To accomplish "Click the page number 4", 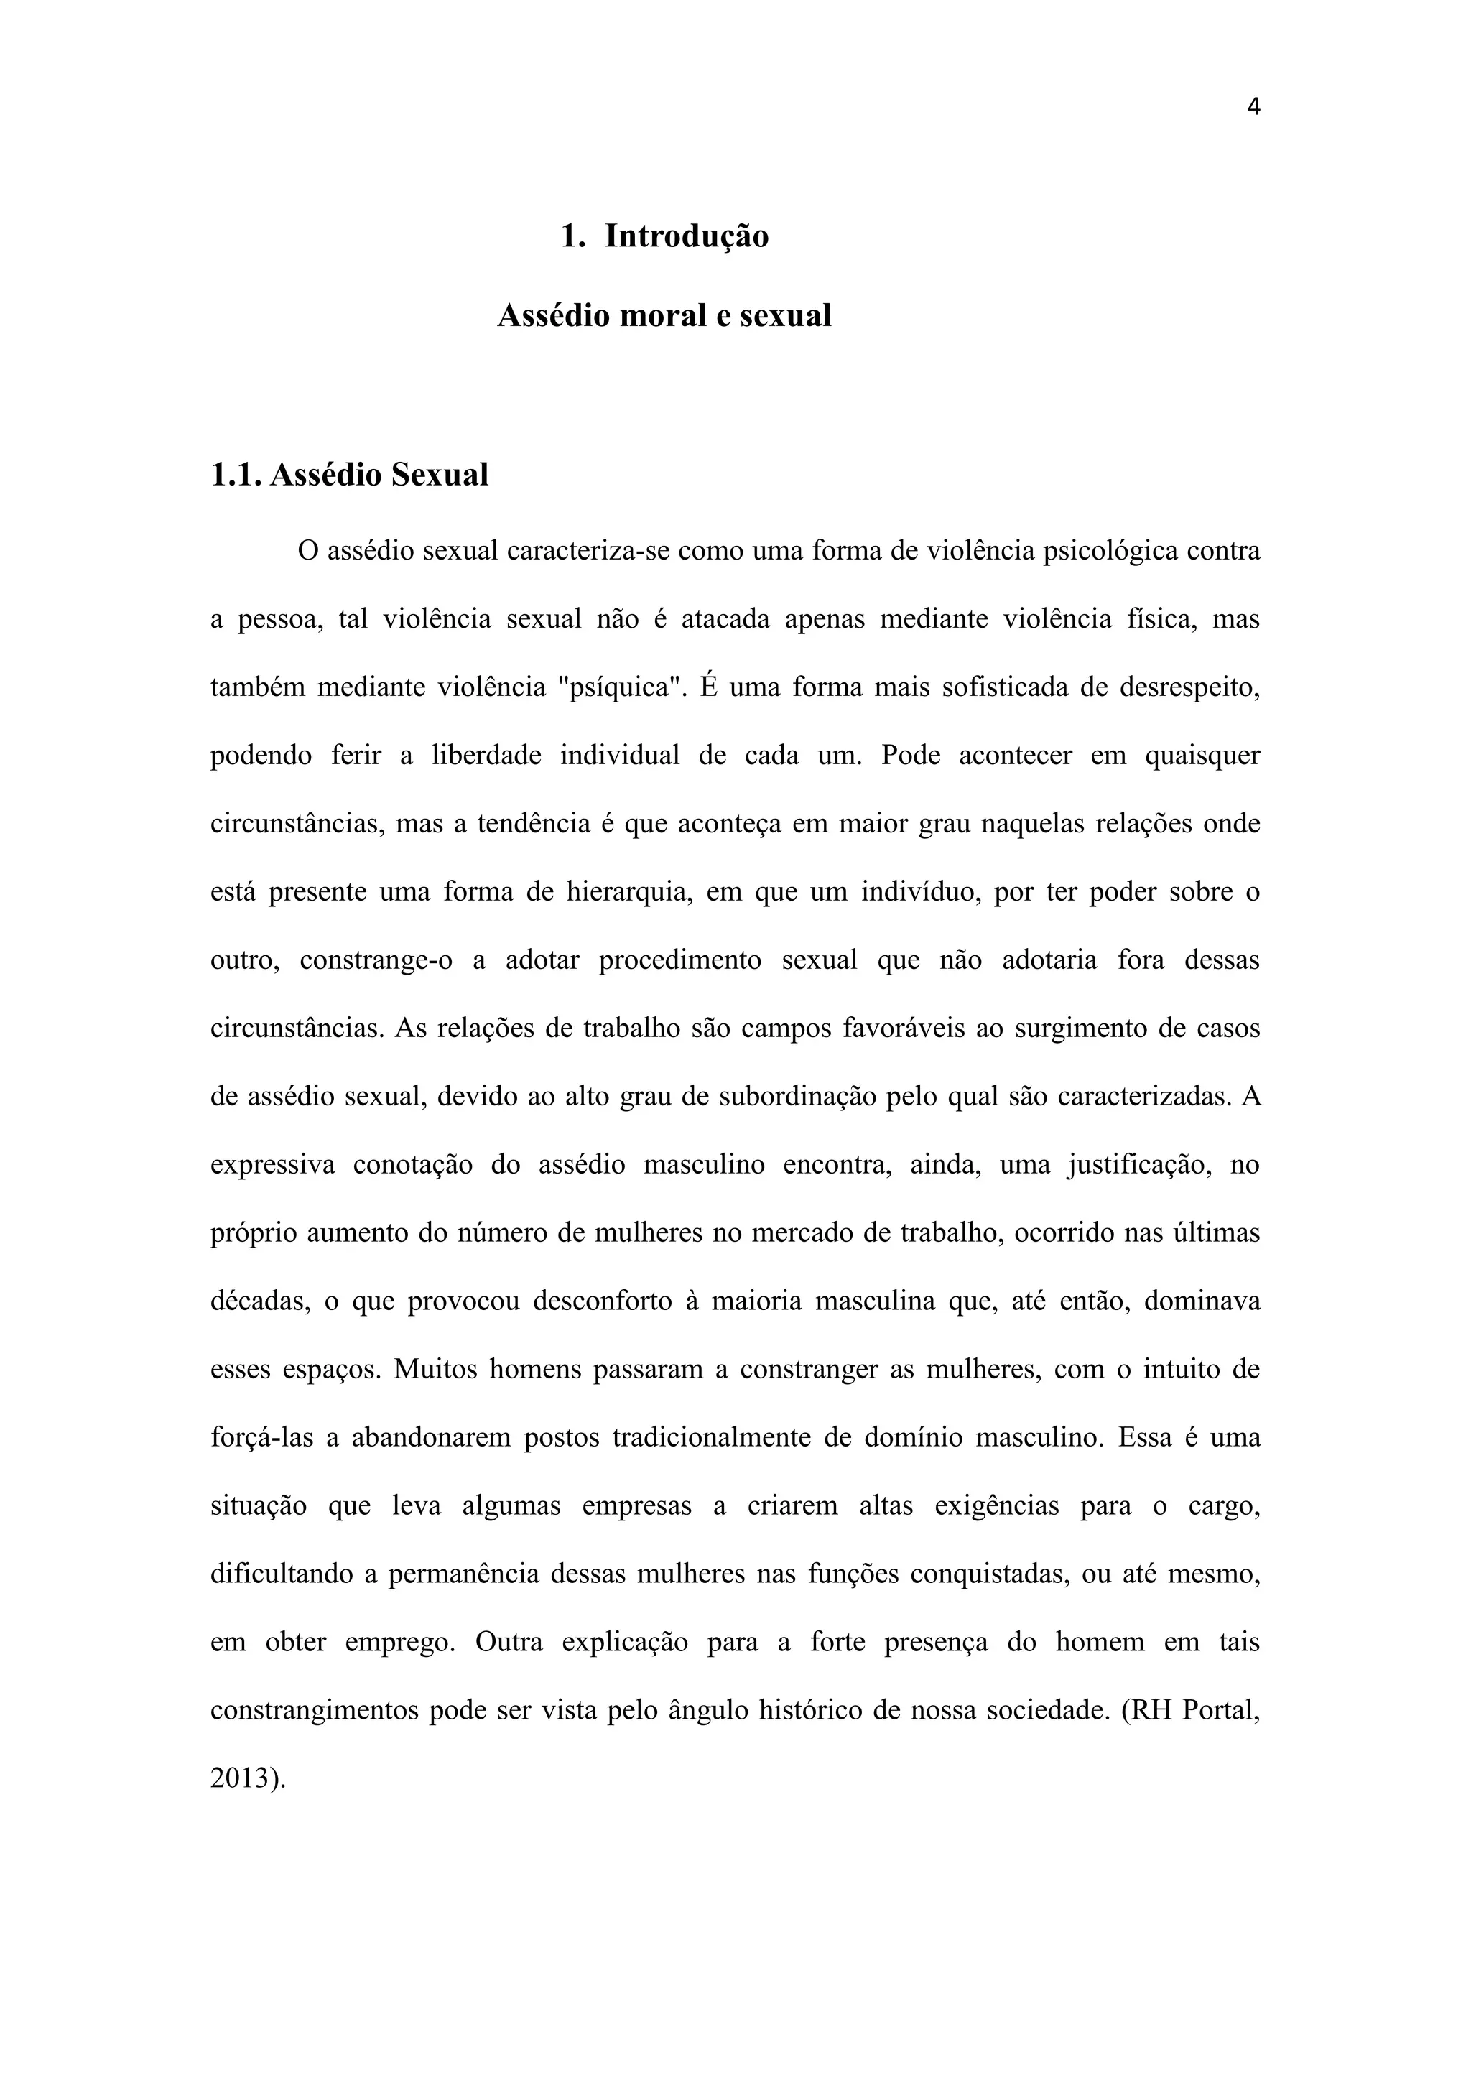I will [1253, 107].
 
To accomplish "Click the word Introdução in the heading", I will [687, 236].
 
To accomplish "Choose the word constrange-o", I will [376, 960].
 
